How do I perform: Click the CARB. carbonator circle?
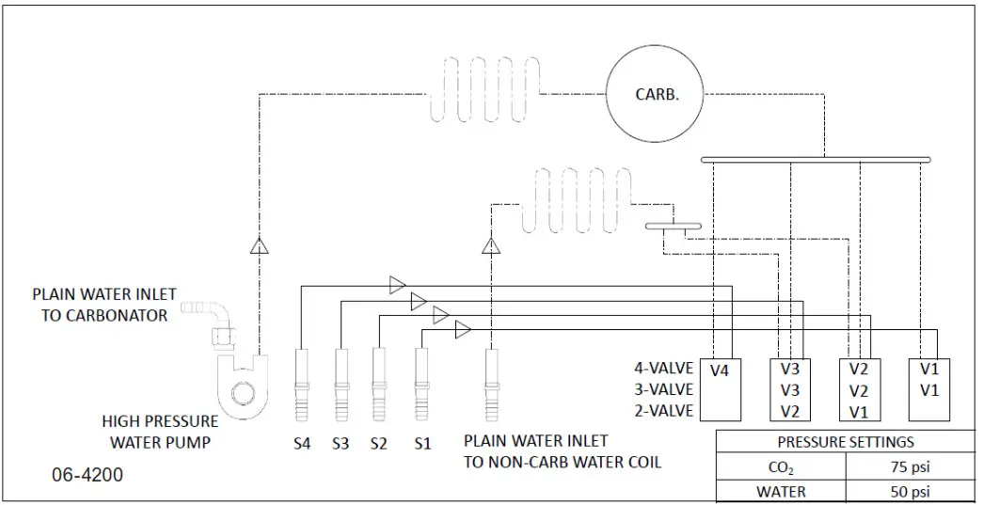(655, 94)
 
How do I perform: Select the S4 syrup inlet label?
(301, 443)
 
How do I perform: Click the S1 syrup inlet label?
(422, 443)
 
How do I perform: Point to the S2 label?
(379, 443)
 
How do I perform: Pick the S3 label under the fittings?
(340, 443)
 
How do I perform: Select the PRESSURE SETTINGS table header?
(845, 442)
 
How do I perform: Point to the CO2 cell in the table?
(783, 466)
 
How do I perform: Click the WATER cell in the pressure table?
(783, 491)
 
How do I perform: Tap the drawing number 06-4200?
(87, 476)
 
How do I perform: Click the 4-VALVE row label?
(663, 369)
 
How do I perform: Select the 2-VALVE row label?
(663, 410)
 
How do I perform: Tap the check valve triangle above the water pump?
(259, 246)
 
